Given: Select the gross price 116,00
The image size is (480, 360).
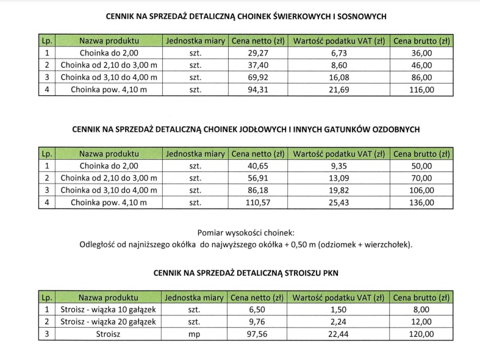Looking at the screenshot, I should tap(421, 90).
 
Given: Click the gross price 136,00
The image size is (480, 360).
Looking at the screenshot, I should tap(421, 203).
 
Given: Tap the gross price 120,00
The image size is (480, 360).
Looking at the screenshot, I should tap(421, 334).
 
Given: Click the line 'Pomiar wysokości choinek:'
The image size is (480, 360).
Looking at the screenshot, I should tap(246, 233).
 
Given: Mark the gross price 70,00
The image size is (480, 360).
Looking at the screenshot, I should tap(421, 178).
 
